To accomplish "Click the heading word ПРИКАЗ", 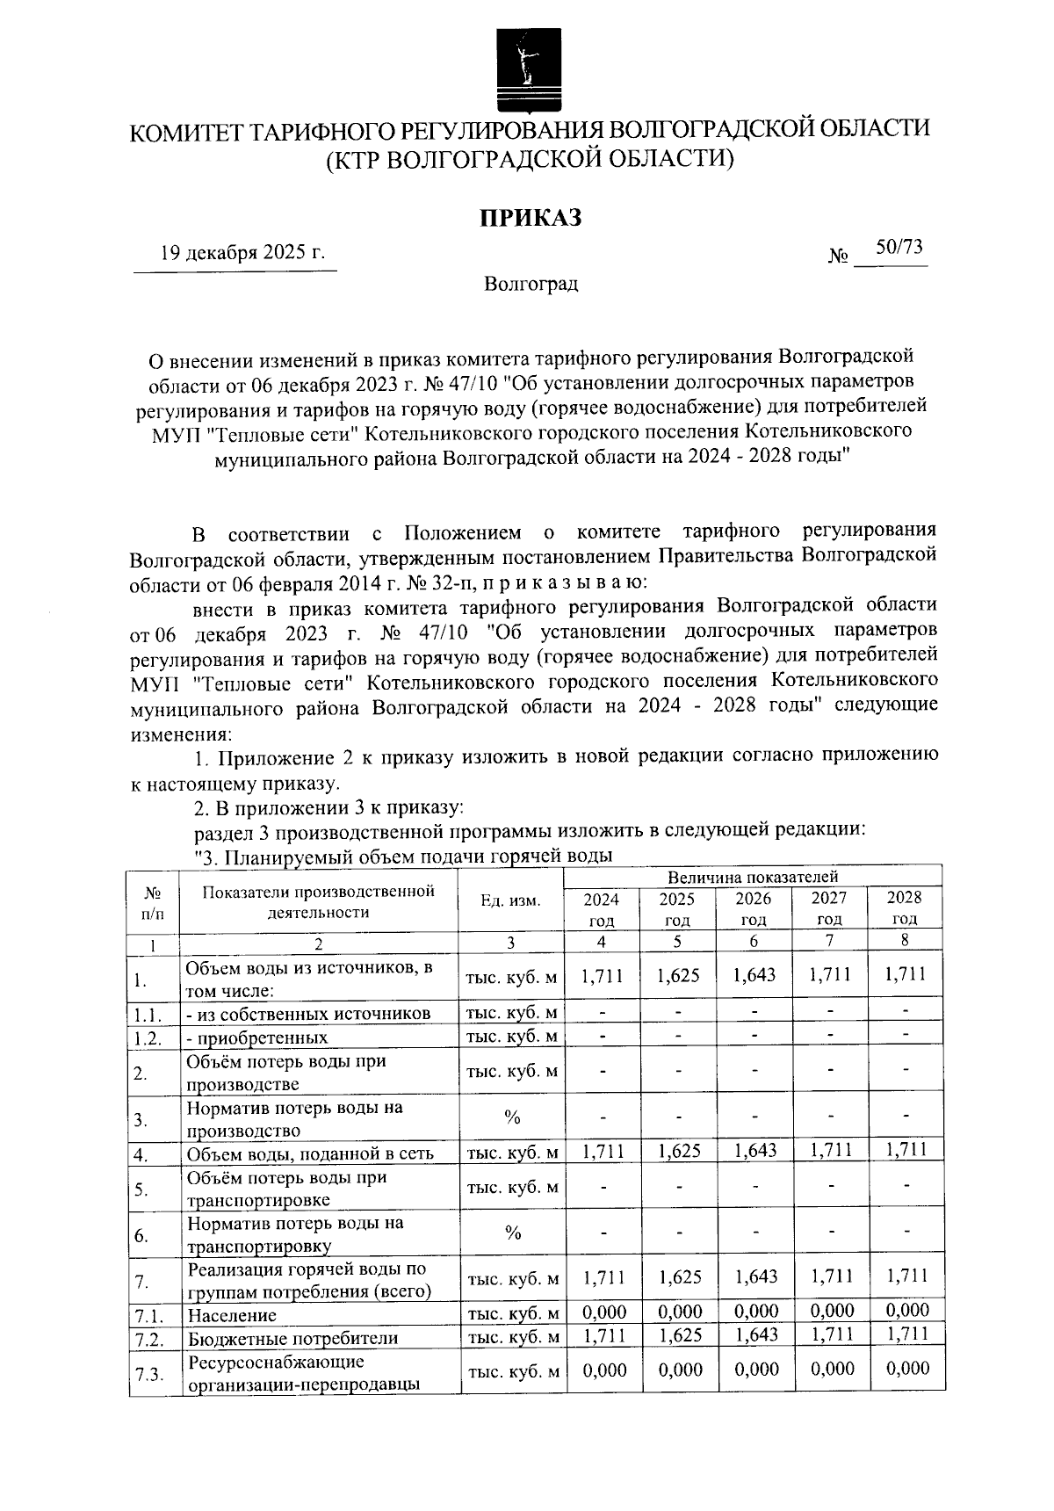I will point(530,217).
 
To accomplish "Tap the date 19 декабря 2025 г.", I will point(242,254).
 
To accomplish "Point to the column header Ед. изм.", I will point(510,900).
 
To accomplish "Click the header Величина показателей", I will point(752,876).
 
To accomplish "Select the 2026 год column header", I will point(753,908).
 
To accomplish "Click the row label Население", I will point(231,1315).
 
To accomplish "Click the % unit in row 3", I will point(512,1117).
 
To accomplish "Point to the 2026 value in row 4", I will point(754,1150).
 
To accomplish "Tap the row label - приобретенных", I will point(256,1037).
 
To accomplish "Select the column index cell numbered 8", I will point(905,940).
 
